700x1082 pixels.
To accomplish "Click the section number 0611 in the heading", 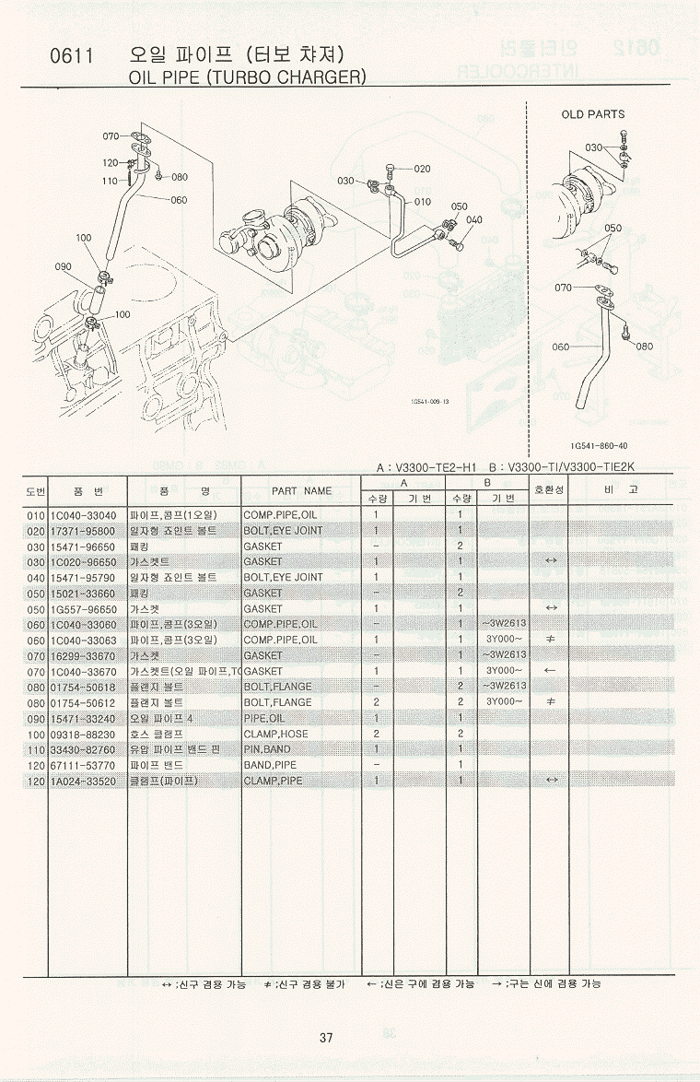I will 72,56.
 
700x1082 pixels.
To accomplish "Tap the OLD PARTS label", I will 592,114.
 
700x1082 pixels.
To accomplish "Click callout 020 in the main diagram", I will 422,169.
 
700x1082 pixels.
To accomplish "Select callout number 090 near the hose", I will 63,267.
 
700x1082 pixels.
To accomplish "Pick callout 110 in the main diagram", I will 110,182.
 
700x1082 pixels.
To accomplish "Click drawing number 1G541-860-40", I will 598,446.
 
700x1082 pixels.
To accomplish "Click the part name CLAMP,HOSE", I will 275,734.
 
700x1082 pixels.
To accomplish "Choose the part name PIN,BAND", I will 267,749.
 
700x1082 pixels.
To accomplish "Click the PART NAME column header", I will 301,491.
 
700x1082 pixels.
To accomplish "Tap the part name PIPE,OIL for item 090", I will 264,718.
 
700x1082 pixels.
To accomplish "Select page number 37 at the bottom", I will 326,1038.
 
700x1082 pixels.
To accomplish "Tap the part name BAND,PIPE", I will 271,765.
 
